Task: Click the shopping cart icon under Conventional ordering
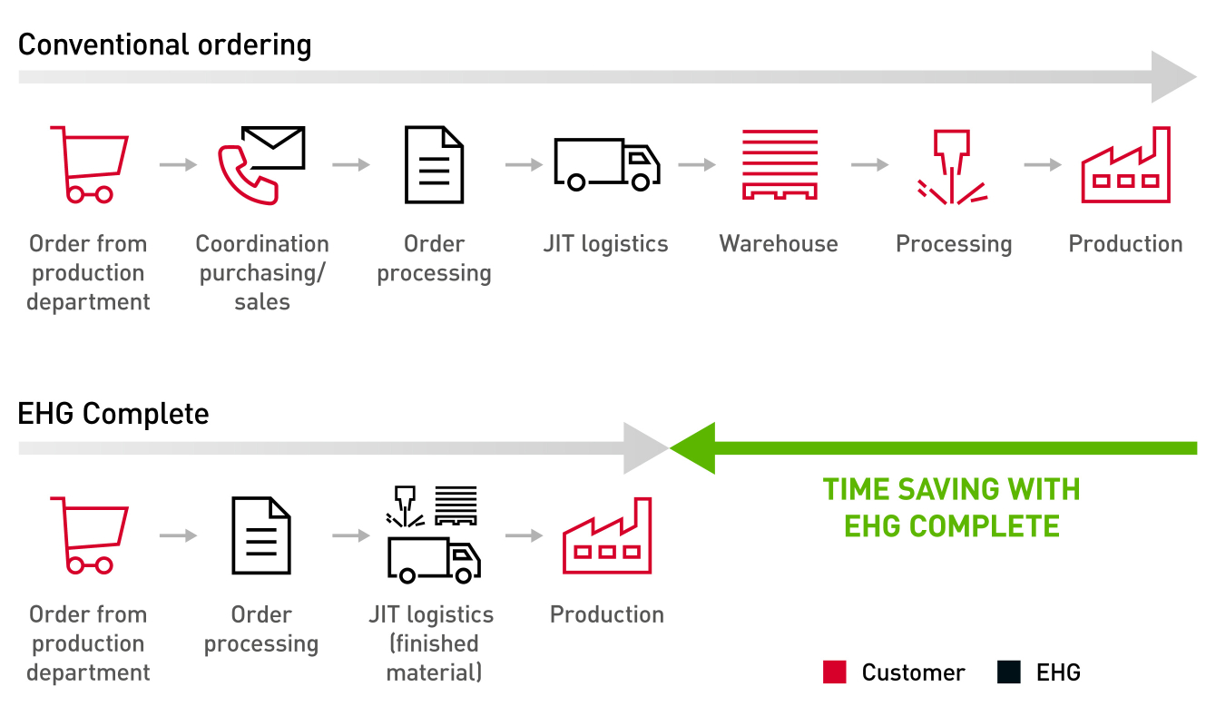coord(89,164)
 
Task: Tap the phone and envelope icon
coord(261,164)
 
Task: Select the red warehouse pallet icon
coord(780,164)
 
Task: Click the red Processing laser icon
coord(952,166)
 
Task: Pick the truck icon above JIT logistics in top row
coord(607,164)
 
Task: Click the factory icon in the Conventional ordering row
coord(1125,166)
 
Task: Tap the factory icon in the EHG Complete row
coord(607,536)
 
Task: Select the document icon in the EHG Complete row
coord(261,535)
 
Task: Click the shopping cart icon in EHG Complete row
coord(89,535)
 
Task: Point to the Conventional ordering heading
coord(164,44)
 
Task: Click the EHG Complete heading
coord(113,415)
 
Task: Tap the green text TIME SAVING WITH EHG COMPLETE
coord(951,507)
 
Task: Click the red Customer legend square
coord(834,672)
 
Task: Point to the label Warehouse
coord(779,244)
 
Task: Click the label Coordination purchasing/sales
coord(262,272)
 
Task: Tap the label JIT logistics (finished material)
coord(433,643)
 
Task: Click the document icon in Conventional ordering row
coord(434,164)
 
